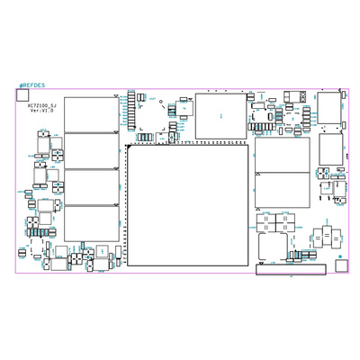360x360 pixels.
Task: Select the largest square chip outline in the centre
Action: point(187,205)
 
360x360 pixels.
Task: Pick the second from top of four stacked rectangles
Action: point(92,149)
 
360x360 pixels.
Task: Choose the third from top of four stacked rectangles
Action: point(92,186)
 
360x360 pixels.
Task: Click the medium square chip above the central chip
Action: point(220,115)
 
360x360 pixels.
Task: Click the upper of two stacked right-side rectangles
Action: point(282,154)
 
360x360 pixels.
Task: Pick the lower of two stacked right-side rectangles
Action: point(282,191)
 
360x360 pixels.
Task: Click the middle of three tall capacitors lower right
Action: point(325,237)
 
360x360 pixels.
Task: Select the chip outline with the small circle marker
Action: point(106,251)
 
